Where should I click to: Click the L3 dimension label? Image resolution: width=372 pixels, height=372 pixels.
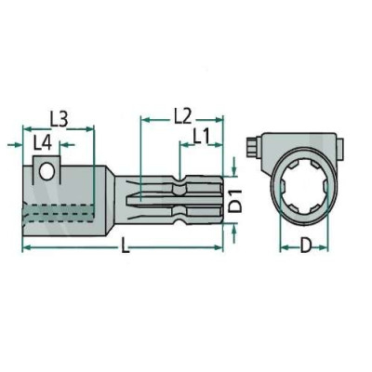[x=59, y=119]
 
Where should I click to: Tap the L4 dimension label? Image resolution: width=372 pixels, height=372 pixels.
[x=43, y=143]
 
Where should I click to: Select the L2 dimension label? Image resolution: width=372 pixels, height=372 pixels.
[x=182, y=116]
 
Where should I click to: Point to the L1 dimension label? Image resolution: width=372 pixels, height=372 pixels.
[x=202, y=137]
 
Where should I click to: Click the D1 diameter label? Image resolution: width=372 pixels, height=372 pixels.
[x=236, y=202]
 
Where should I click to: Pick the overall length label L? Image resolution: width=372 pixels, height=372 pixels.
[x=125, y=246]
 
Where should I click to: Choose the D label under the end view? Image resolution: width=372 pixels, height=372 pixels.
[x=305, y=246]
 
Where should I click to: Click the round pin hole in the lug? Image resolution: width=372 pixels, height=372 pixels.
[x=46, y=171]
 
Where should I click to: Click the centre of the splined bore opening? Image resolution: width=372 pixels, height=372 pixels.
[x=304, y=187]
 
